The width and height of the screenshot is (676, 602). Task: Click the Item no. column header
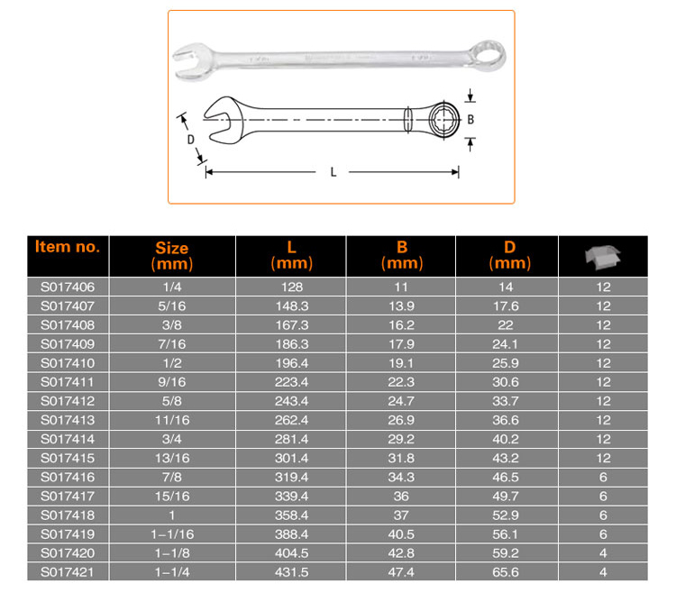tap(68, 246)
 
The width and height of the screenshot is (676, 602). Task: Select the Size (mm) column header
tap(171, 255)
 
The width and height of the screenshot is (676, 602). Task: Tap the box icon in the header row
tap(602, 256)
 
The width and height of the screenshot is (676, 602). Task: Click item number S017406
tap(68, 287)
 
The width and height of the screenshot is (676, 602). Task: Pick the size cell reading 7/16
tap(171, 343)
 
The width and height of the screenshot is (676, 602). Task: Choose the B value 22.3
tap(402, 382)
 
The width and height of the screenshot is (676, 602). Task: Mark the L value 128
tap(291, 287)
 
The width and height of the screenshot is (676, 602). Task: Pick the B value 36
tap(402, 496)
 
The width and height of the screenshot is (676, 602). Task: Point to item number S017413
tap(68, 420)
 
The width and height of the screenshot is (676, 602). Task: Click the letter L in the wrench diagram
tap(333, 172)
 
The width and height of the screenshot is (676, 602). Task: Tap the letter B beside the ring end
tap(470, 118)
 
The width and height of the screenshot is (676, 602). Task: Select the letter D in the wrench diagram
tap(190, 140)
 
